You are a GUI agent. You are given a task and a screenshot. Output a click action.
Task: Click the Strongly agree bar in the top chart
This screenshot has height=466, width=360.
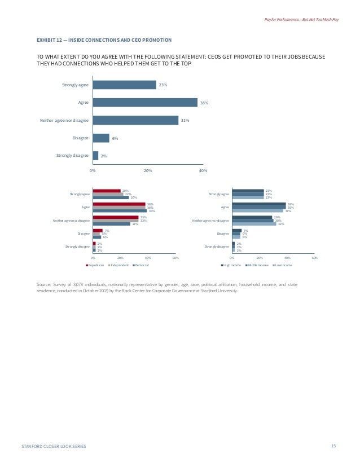coord(124,85)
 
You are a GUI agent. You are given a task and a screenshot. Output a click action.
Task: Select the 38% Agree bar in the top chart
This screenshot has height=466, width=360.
coord(145,103)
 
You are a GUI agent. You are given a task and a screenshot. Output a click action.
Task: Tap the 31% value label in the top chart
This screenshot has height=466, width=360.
coord(185,120)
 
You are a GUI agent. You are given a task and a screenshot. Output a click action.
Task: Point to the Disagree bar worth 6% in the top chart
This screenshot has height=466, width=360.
coord(101,138)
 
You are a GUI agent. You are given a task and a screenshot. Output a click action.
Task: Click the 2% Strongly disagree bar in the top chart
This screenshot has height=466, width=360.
coord(95,155)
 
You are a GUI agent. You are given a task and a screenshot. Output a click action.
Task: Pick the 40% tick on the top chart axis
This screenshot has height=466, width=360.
coord(203,170)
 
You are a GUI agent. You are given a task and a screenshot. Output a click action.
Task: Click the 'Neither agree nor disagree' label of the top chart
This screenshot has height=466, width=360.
coord(64,120)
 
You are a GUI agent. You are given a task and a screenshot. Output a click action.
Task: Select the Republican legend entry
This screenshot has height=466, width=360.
coord(96,265)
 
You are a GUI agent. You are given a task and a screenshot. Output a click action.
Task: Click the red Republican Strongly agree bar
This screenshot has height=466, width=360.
coord(107,191)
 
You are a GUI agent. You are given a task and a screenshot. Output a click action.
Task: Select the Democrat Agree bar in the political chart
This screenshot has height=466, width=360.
coord(120,211)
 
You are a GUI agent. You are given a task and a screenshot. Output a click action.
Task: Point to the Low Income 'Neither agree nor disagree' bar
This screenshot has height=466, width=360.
coord(254,224)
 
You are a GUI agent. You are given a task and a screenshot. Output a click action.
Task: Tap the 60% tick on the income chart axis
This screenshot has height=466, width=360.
coord(314,258)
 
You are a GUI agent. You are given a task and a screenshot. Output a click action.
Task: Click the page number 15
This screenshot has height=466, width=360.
coord(333,446)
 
